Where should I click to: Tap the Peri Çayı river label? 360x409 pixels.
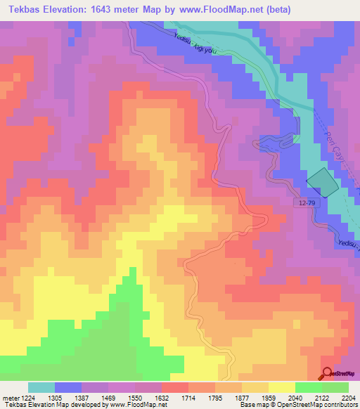[334, 141]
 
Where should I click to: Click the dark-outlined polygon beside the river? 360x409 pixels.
[322, 182]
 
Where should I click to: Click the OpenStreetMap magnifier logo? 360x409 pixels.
[327, 373]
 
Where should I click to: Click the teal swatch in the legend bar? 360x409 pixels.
[41, 387]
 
